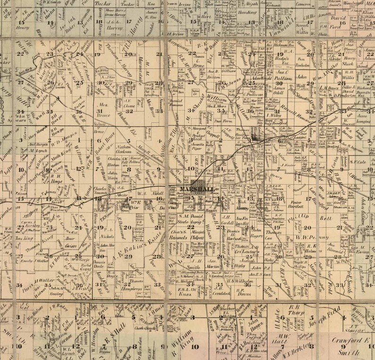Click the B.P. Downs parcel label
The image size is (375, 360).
239,287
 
